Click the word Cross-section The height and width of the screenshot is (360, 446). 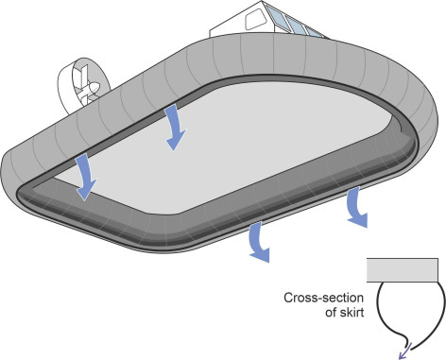point(323,298)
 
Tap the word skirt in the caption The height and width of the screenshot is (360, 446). point(352,313)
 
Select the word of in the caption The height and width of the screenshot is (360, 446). point(332,313)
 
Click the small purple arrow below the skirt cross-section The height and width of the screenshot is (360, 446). point(405,351)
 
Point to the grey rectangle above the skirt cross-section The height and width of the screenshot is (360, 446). point(403,270)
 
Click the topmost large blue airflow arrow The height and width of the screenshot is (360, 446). point(175,128)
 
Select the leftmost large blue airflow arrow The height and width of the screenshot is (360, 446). point(86,177)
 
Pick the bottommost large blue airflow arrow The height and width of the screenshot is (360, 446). point(259,242)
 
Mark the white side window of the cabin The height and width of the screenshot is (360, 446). point(255,20)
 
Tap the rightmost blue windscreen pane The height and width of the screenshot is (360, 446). point(315,32)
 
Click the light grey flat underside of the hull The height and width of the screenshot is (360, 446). point(220,148)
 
